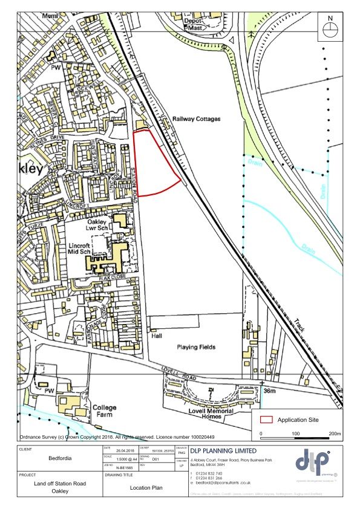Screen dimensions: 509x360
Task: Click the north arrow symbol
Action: click(x=330, y=30)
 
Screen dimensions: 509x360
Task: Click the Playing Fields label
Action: click(x=197, y=347)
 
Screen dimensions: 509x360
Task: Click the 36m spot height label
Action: click(x=270, y=392)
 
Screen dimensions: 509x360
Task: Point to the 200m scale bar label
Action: click(x=335, y=435)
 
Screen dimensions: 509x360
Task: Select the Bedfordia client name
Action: click(x=57, y=458)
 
